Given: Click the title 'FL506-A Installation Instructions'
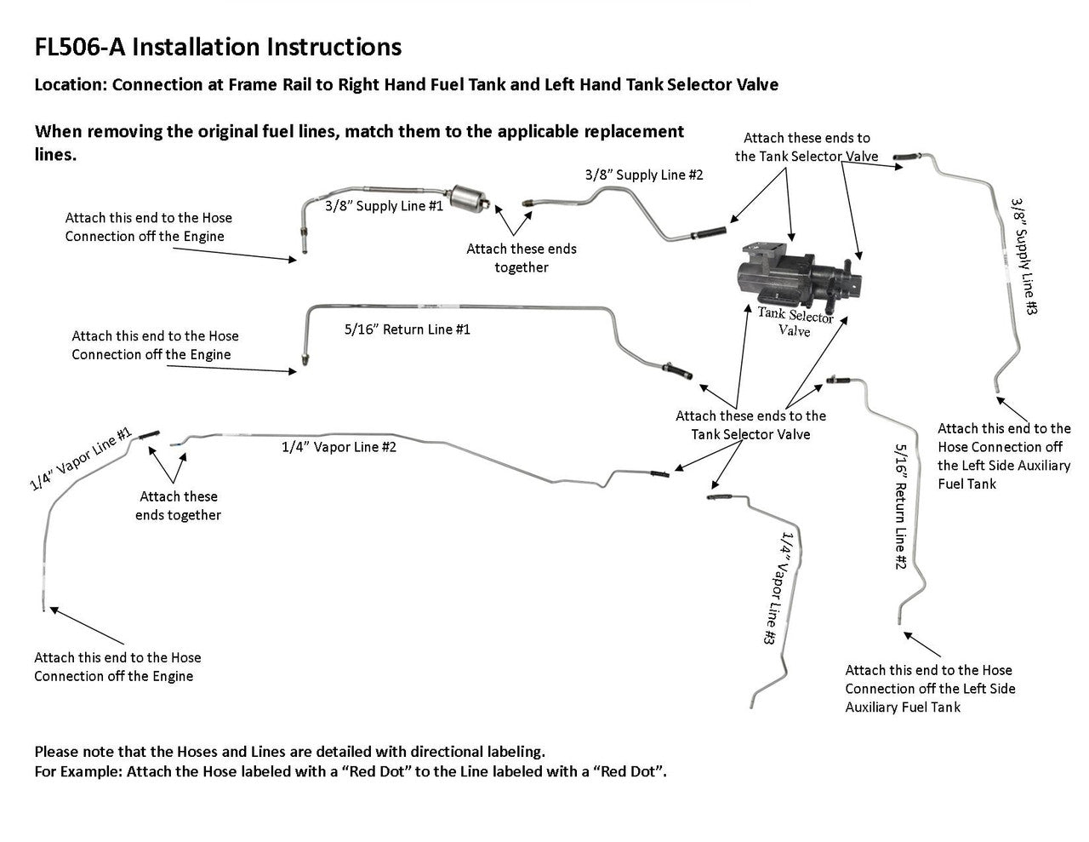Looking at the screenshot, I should coord(218,46).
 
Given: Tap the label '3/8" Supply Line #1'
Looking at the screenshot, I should coord(384,206).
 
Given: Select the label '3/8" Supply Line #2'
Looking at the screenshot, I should coord(644,175).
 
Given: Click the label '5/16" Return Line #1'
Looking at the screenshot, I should coord(407,329).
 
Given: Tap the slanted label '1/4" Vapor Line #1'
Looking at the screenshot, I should coord(81,459).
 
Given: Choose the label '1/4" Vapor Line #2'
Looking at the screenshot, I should coord(339,446).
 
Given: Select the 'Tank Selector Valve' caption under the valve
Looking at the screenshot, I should coord(795,322).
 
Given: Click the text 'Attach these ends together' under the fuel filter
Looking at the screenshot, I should coord(521,258).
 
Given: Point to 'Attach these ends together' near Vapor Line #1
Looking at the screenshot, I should coord(178,506).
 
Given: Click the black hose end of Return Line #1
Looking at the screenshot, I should coord(683,375).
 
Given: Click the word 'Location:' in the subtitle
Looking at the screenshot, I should coord(71,85).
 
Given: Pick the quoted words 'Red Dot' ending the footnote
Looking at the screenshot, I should coord(631,772).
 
